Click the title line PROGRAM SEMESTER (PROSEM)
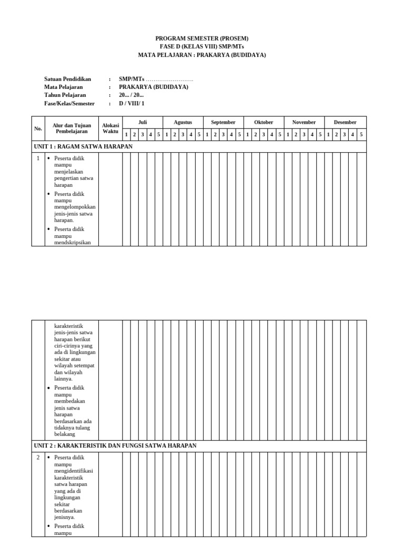pyautogui.click(x=202, y=38)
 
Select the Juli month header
pyautogui.click(x=143, y=122)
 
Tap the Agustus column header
pyautogui.click(x=183, y=122)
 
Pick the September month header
pyautogui.click(x=224, y=122)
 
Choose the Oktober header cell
pyautogui.click(x=264, y=122)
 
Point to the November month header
pyautogui.click(x=304, y=122)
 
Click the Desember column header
pyautogui.click(x=345, y=122)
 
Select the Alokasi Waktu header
pyautogui.click(x=110, y=128)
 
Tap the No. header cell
pyautogui.click(x=38, y=128)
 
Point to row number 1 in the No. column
pyautogui.click(x=38, y=158)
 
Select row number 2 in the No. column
pyautogui.click(x=38, y=457)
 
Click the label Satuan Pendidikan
pyautogui.click(x=68, y=79)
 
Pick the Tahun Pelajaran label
pyautogui.click(x=65, y=95)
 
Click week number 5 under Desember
pyautogui.click(x=361, y=134)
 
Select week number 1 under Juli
pyautogui.click(x=126, y=134)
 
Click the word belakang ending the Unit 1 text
pyautogui.click(x=65, y=434)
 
